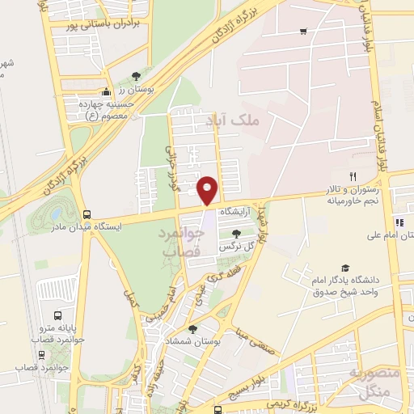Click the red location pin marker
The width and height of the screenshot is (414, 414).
209,191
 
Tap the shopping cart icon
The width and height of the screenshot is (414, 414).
303,32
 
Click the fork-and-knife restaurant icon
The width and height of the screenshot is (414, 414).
353,176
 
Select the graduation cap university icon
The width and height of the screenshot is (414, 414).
345,268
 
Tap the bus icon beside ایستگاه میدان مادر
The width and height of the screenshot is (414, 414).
87,215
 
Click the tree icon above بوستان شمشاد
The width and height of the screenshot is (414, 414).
192,328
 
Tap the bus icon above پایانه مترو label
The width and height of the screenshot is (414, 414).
57,315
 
